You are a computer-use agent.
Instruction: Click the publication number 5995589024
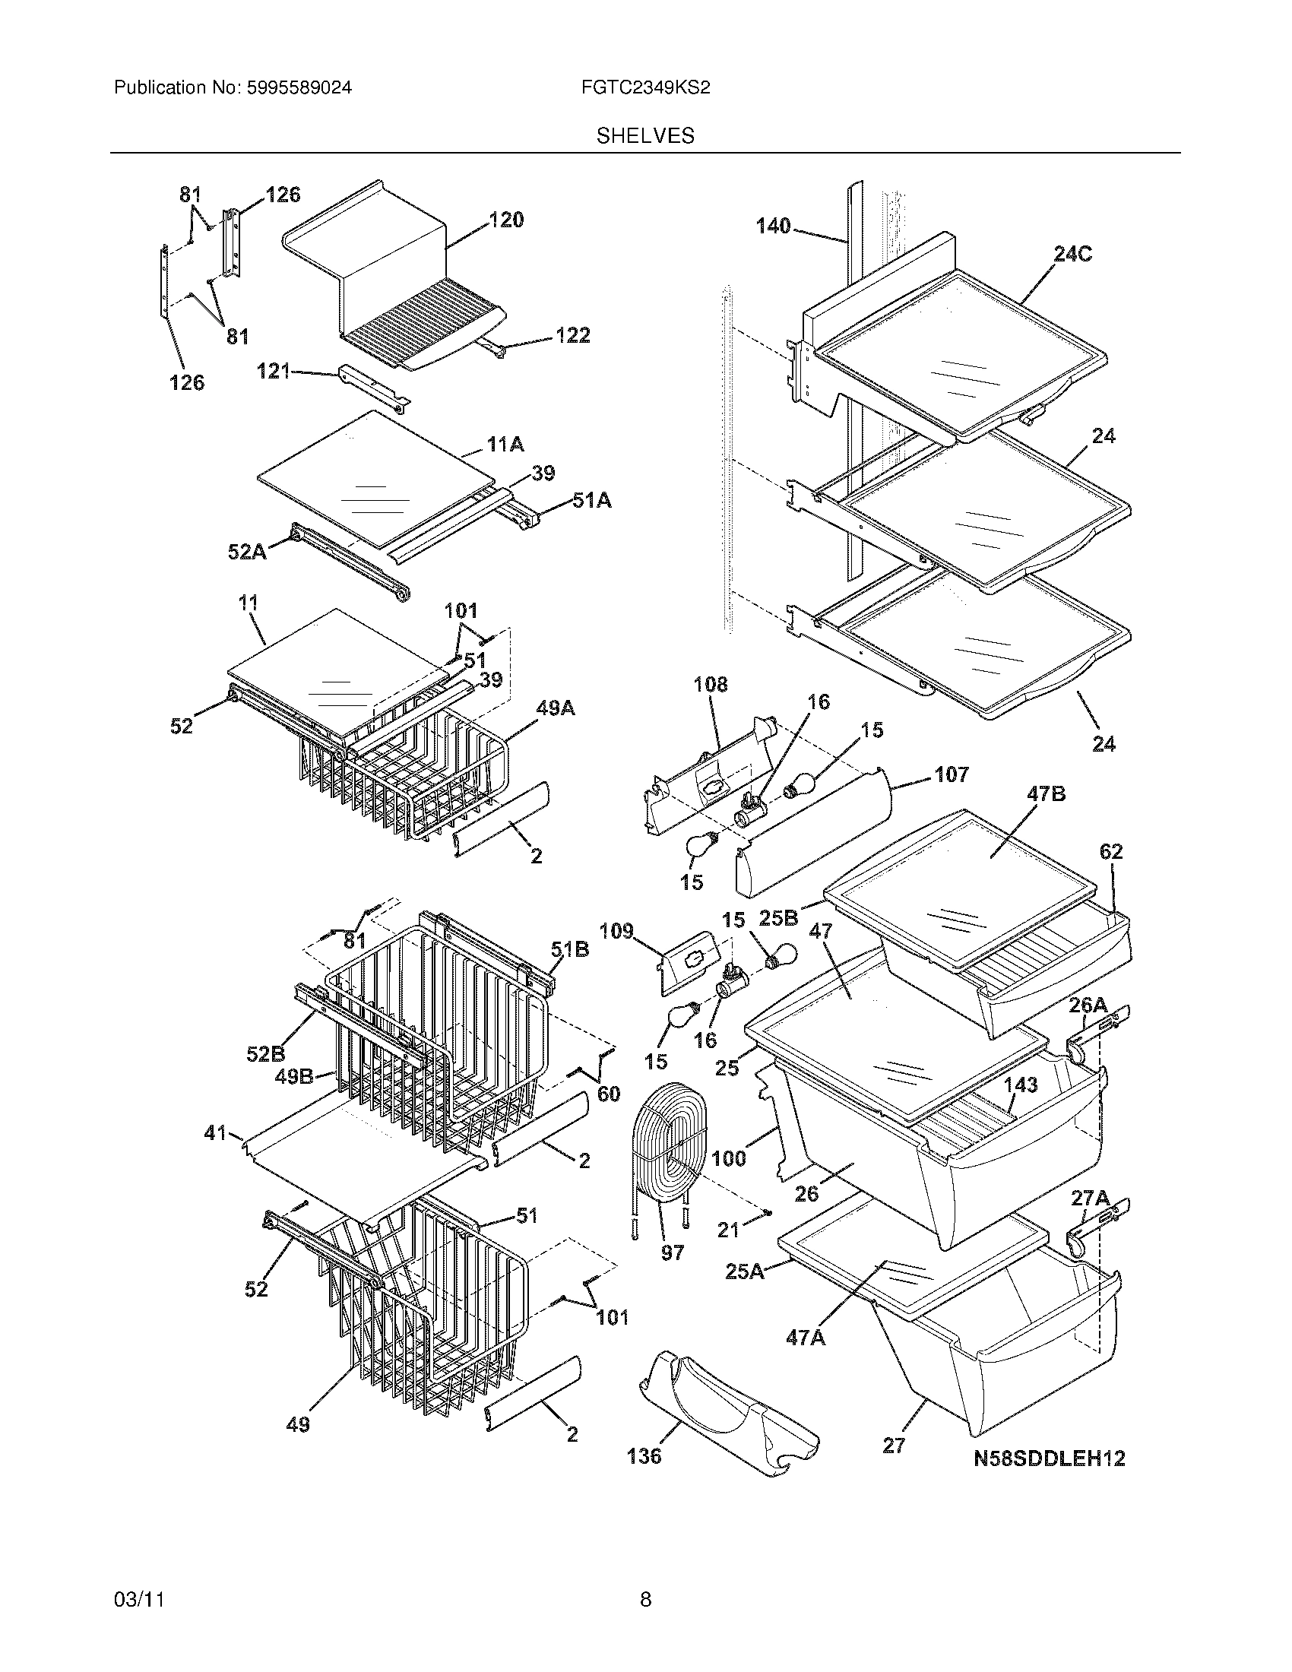point(299,88)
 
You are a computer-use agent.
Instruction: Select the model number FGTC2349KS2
point(645,88)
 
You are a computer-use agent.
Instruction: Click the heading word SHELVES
point(645,136)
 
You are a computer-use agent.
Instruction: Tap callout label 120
point(506,220)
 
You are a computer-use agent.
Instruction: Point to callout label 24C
point(1072,254)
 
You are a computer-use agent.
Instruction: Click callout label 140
point(773,226)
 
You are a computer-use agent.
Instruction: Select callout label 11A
point(505,444)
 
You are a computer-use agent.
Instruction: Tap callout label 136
point(644,1455)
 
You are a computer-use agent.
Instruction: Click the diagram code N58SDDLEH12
point(1050,1458)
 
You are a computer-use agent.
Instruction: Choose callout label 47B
point(1046,794)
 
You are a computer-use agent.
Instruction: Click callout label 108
point(711,684)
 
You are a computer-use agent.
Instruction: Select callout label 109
point(616,931)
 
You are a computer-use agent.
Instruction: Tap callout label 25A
point(744,1271)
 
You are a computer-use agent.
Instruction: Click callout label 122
point(572,335)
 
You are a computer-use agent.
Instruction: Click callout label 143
point(1020,1085)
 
